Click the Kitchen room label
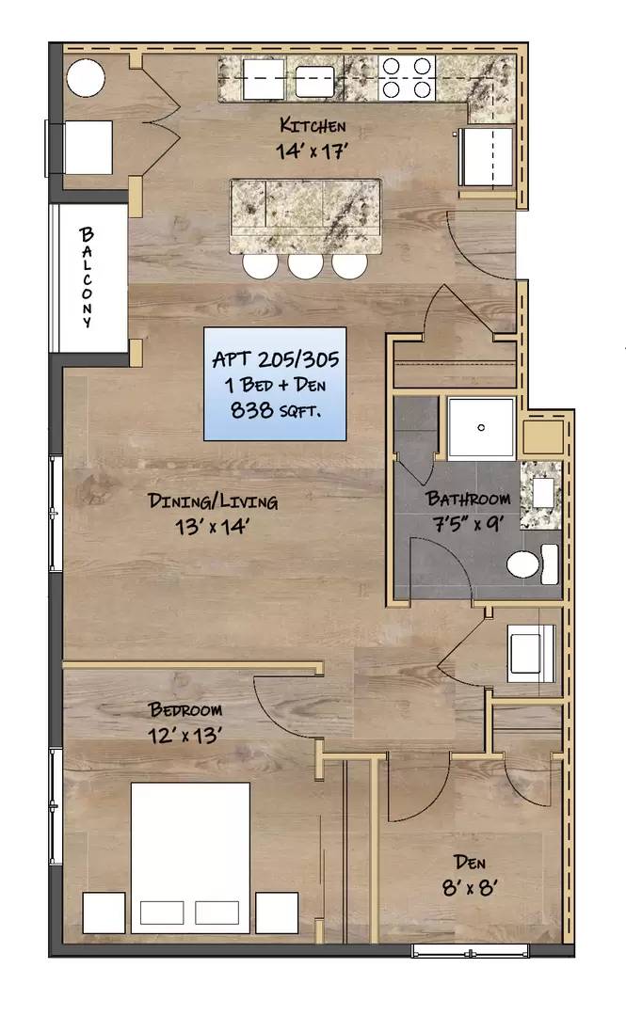click(x=313, y=124)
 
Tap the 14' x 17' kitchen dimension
click(x=313, y=151)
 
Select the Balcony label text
click(x=87, y=278)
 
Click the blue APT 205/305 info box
click(x=275, y=384)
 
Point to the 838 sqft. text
click(x=276, y=410)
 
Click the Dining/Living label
click(x=213, y=500)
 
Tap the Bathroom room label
click(x=468, y=499)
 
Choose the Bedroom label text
click(x=185, y=709)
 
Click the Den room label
click(x=470, y=863)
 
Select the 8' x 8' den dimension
click(x=470, y=887)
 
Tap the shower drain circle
click(x=481, y=428)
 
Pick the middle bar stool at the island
click(x=306, y=265)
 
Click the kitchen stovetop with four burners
click(x=407, y=78)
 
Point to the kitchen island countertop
click(x=304, y=216)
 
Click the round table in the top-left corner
click(x=86, y=78)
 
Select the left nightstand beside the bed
click(x=104, y=913)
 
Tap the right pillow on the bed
click(x=217, y=913)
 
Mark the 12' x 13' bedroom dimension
click(x=185, y=736)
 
